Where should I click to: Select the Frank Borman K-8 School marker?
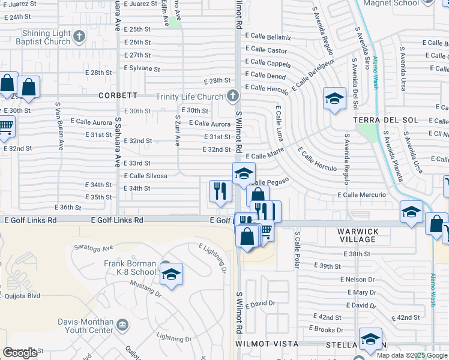click(x=172, y=275)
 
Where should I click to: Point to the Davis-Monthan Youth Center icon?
click(x=122, y=325)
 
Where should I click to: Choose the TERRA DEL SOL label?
click(x=381, y=119)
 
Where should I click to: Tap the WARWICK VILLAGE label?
click(x=357, y=235)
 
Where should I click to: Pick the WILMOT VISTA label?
click(x=267, y=344)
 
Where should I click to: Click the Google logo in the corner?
click(x=20, y=352)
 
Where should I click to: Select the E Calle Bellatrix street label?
click(x=268, y=37)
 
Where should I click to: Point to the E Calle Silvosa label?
click(x=145, y=176)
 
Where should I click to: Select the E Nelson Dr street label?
click(x=357, y=279)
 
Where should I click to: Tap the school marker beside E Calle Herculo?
click(x=334, y=99)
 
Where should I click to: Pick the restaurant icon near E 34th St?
click(x=220, y=191)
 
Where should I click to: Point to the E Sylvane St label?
click(x=142, y=68)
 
